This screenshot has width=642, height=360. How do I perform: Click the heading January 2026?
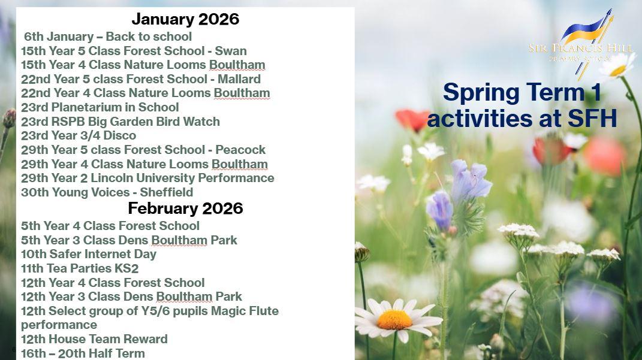point(185,19)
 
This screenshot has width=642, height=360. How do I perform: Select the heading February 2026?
point(185,208)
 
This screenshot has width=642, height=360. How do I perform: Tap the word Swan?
point(231,51)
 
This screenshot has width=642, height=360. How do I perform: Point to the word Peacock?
point(241,150)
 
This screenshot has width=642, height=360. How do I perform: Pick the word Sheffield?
point(166,192)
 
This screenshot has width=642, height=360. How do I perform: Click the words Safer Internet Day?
point(103,254)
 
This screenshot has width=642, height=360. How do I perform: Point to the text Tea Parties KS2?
point(94,268)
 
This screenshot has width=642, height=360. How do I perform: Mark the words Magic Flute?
point(245,311)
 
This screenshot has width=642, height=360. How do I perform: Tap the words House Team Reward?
point(108,339)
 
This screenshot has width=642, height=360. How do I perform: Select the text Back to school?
point(149,37)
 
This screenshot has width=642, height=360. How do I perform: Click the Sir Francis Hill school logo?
point(581,43)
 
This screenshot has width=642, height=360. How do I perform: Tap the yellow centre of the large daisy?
point(394,319)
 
